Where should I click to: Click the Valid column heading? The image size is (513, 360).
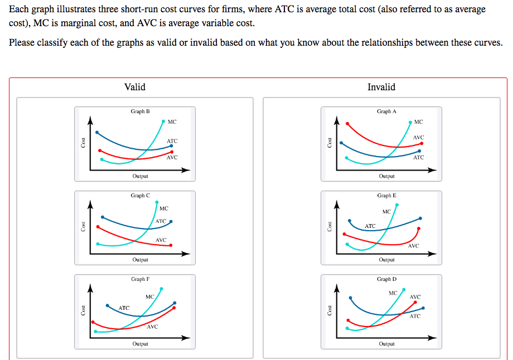[135, 87]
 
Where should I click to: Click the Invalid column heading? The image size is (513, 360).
[381, 87]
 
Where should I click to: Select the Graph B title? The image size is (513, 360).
[140, 111]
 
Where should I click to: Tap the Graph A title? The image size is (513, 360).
[386, 111]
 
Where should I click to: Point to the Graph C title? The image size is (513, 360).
[140, 196]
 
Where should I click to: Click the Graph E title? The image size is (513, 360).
[386, 196]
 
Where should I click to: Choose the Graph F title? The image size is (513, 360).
[140, 279]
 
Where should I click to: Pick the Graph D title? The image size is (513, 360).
[386, 279]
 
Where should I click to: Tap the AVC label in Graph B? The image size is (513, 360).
[172, 158]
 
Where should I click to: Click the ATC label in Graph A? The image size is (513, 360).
[418, 158]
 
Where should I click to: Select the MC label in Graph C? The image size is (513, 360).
[163, 209]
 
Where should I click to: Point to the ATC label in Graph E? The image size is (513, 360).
[370, 226]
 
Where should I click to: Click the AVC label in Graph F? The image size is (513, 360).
[152, 327]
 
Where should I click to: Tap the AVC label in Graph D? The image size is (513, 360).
[415, 297]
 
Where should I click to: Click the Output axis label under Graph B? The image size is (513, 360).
[140, 176]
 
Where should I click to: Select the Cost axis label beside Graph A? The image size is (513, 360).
[329, 143]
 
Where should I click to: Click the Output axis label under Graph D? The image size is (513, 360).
[386, 344]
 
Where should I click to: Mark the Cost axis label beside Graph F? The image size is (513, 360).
[83, 310]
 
